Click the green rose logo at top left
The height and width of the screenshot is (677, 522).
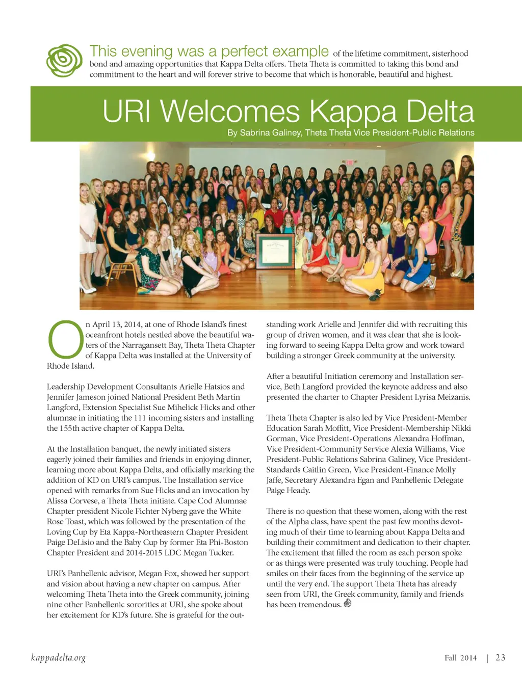(64, 61)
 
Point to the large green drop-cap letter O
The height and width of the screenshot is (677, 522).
(65, 339)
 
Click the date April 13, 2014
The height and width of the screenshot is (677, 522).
(117, 324)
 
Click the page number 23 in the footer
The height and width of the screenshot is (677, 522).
(501, 658)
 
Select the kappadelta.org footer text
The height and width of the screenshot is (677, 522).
(58, 658)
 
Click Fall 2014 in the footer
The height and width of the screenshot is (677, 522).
(460, 658)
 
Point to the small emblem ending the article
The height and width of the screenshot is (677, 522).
(348, 604)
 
